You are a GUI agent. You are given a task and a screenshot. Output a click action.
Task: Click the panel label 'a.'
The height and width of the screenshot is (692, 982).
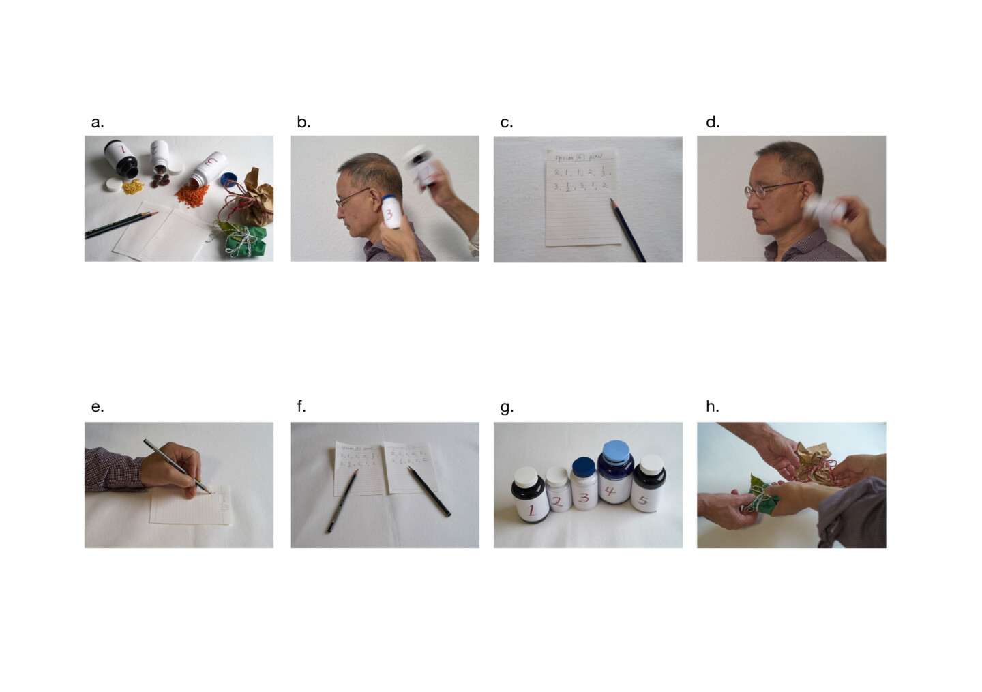(98, 123)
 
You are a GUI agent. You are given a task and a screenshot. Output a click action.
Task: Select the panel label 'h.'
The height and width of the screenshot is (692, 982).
(712, 407)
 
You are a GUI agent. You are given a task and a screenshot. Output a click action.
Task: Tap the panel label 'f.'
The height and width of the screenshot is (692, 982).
(301, 407)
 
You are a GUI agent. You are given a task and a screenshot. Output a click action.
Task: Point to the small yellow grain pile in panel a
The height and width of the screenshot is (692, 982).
(132, 185)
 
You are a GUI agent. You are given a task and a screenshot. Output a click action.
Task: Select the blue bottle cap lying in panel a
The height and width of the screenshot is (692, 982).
(229, 181)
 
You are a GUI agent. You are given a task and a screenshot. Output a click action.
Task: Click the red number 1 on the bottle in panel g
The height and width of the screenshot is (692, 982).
(531, 509)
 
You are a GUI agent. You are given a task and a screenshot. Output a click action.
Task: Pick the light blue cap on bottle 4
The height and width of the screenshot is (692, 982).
(615, 450)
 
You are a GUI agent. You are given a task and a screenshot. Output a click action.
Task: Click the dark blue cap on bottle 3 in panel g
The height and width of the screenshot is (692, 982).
(584, 466)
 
